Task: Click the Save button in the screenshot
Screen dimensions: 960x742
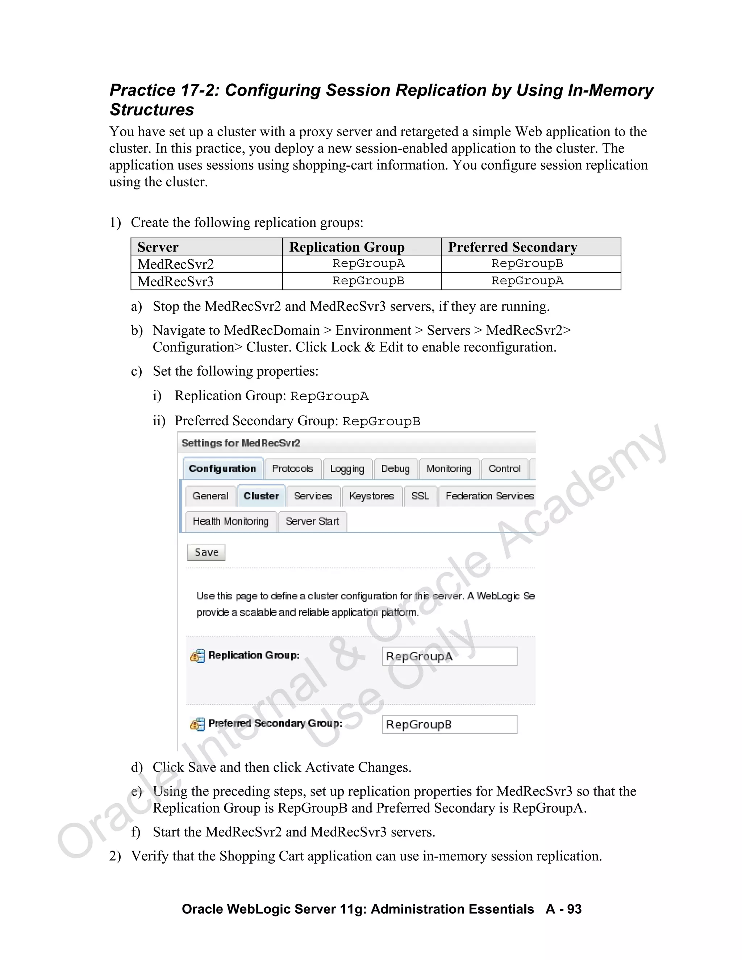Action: (206, 552)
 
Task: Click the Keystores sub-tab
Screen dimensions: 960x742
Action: (371, 496)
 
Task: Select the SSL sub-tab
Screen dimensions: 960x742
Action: (420, 496)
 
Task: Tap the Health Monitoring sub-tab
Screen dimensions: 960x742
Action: (231, 521)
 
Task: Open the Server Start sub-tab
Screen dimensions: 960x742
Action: (313, 521)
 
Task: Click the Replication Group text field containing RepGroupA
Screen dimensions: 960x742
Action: (449, 656)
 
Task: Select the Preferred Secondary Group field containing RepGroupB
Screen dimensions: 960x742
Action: (449, 725)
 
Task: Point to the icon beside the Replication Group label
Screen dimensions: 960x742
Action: (197, 656)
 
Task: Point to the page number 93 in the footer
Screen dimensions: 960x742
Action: (574, 909)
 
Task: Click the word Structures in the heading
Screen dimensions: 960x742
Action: (152, 109)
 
